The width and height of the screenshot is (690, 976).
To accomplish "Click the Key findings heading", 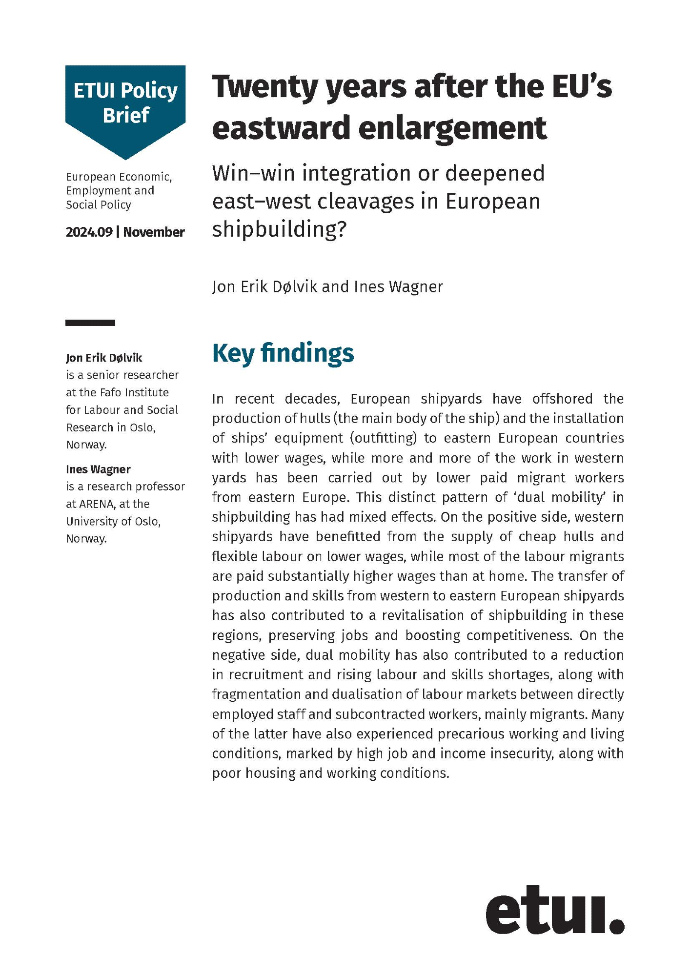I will pyautogui.click(x=283, y=353).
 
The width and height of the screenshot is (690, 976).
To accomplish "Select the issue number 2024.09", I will pyautogui.click(x=89, y=232).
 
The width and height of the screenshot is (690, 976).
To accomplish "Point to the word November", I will pyautogui.click(x=154, y=232).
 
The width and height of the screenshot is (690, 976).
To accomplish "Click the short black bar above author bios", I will pyautogui.click(x=90, y=323).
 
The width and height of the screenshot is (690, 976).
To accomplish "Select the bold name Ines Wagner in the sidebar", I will pyautogui.click(x=98, y=469).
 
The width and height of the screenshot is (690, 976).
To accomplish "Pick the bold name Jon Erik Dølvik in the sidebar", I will pyautogui.click(x=104, y=358).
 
